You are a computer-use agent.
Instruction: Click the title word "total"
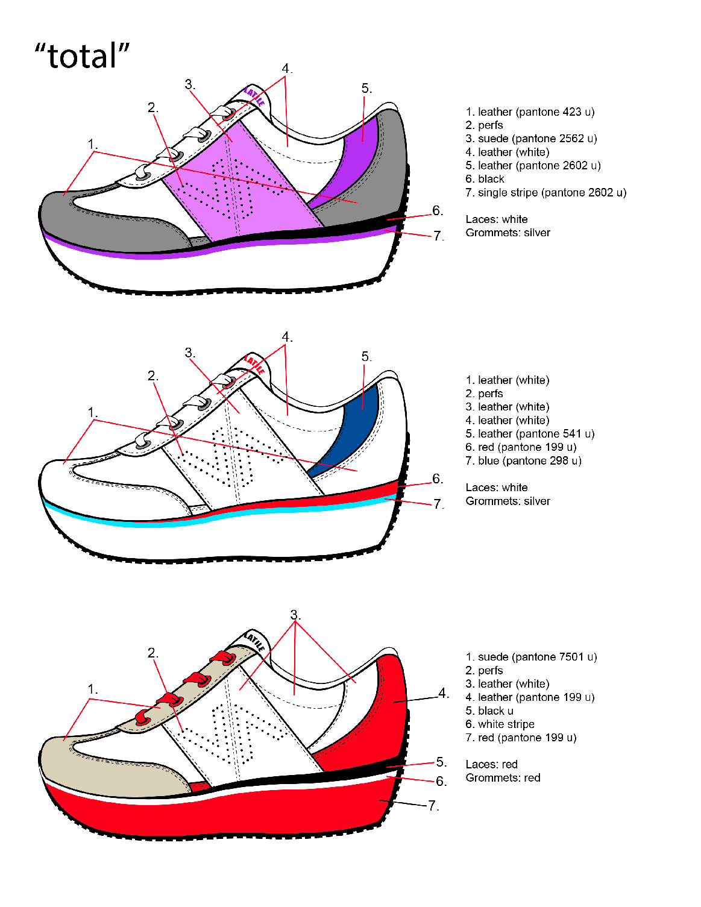pos(82,56)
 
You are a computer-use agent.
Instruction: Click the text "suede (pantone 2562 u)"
pos(537,139)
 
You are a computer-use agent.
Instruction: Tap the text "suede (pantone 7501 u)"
pos(537,657)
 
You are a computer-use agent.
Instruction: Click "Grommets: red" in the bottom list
pos(503,778)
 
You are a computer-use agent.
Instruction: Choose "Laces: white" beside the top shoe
pos(496,219)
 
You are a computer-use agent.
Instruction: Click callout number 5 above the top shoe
pos(366,89)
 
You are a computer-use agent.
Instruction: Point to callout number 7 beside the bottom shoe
pos(433,806)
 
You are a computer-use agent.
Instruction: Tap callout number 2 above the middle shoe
pos(152,376)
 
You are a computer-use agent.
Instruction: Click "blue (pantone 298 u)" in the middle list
pos(529,461)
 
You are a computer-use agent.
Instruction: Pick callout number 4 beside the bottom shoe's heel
pos(443,693)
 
